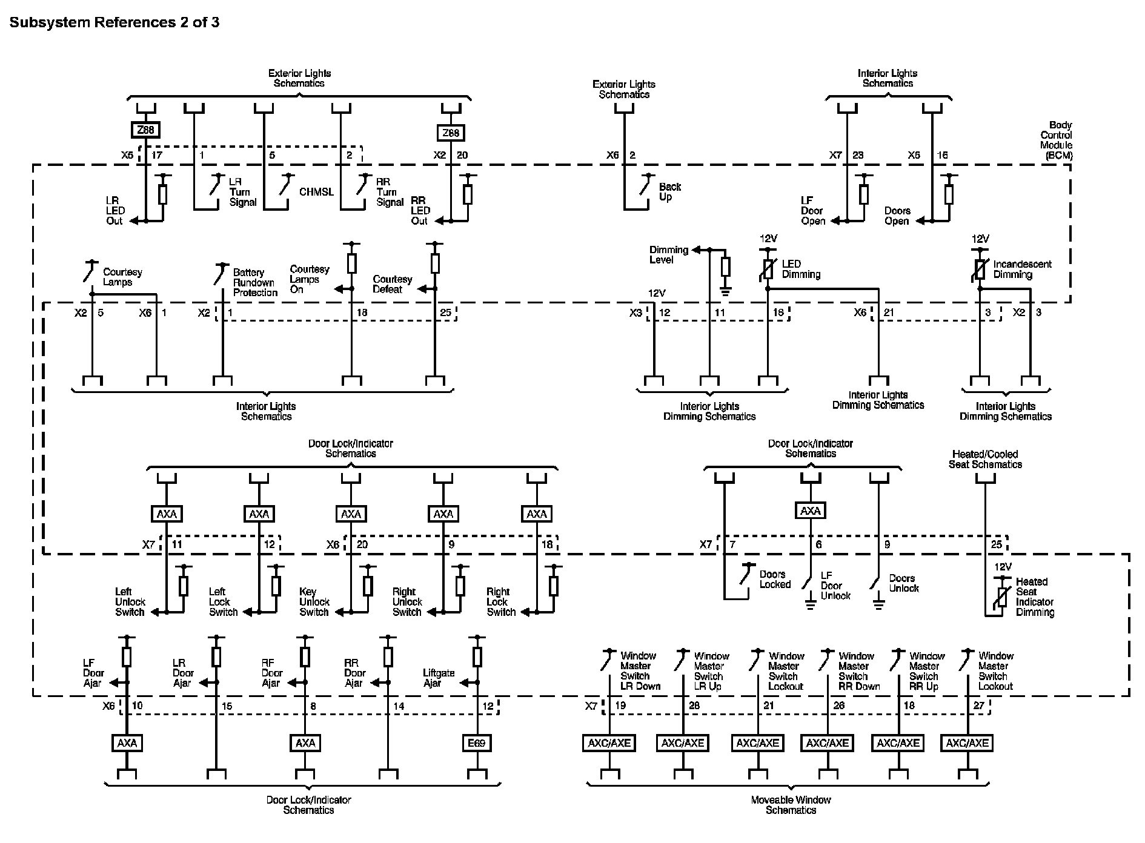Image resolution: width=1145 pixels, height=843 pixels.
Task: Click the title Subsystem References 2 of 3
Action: click(114, 23)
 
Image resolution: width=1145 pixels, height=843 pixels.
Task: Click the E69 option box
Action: click(477, 743)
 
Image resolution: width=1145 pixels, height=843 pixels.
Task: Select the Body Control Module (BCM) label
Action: click(1056, 140)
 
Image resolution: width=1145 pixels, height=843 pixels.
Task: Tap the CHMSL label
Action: click(316, 192)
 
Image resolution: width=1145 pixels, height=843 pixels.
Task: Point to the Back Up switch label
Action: click(670, 192)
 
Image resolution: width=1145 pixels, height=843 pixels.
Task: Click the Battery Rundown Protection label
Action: click(255, 283)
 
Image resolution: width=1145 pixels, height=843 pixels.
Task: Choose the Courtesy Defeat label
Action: click(392, 285)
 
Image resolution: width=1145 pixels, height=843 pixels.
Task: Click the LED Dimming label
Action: click(801, 269)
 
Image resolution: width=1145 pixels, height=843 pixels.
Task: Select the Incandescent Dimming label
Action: click(1023, 269)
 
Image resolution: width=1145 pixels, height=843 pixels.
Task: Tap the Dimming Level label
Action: click(669, 255)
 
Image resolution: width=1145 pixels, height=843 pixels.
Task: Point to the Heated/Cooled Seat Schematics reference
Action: click(985, 460)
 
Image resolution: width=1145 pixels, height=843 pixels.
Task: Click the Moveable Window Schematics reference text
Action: click(791, 805)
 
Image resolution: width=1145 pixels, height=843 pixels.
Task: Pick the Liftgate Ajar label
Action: click(439, 678)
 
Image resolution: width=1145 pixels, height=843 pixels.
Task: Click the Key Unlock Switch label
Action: click(314, 602)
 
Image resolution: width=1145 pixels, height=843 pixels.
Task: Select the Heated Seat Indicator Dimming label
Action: click(1035, 597)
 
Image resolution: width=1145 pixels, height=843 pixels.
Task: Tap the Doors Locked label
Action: click(775, 580)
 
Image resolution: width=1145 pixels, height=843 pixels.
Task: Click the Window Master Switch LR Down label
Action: click(640, 671)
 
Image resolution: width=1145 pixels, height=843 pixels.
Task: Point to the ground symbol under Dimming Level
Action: click(725, 291)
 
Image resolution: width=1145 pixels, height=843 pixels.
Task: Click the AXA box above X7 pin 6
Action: click(811, 511)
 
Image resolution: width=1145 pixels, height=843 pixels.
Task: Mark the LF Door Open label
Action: click(813, 211)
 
